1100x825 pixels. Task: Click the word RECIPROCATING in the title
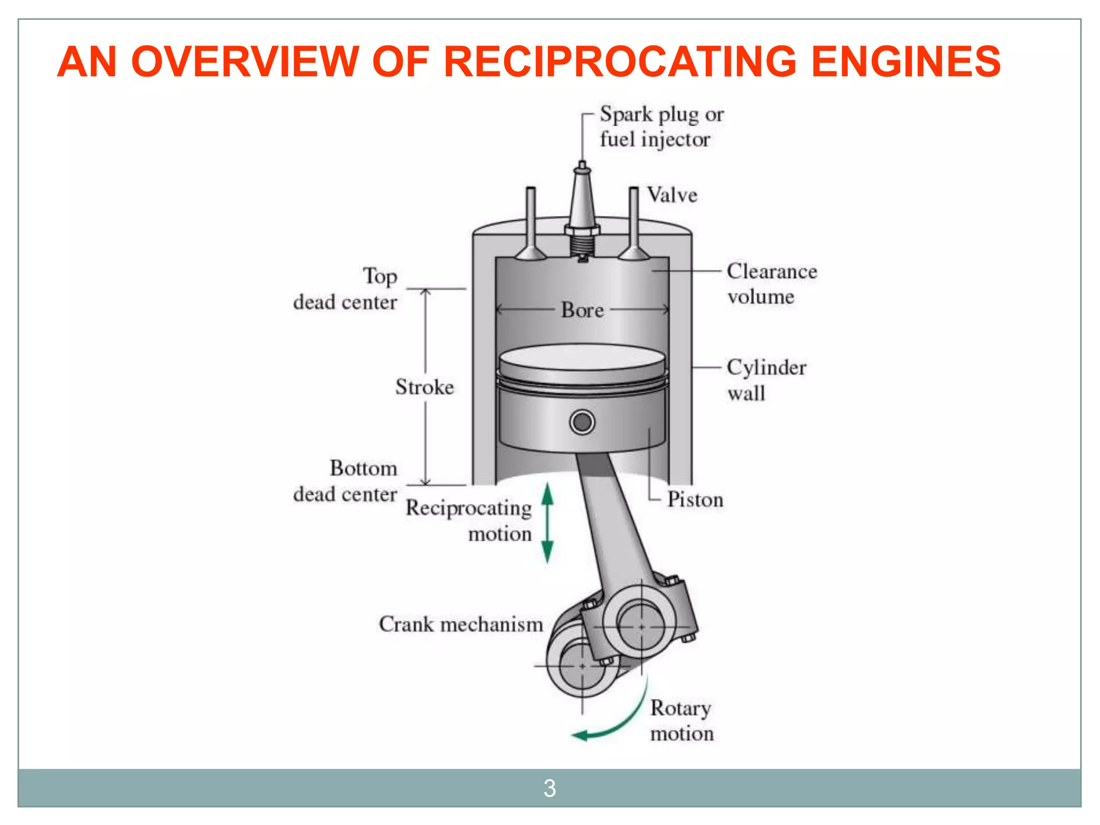620,62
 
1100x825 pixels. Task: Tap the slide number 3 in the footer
549,788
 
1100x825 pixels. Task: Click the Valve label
672,195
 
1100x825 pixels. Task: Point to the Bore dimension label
582,310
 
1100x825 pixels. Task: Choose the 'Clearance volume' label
771,284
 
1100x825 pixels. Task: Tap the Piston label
695,500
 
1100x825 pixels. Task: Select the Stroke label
424,387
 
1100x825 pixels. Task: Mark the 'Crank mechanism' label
461,625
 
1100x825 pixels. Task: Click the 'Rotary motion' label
681,721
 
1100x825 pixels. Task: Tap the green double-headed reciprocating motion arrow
547,523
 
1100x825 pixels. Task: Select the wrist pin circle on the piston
582,422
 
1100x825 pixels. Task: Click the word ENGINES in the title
906,62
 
